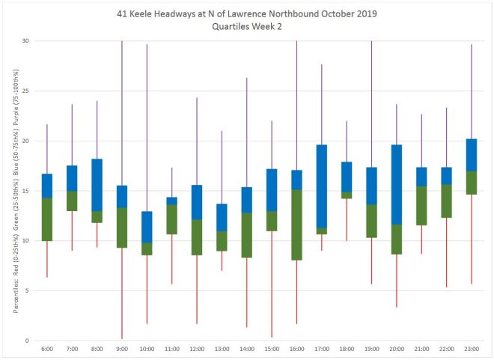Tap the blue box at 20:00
click(397, 184)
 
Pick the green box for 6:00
click(47, 219)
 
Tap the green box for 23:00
click(472, 183)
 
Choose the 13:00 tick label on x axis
click(222, 350)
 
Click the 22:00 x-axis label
click(446, 350)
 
